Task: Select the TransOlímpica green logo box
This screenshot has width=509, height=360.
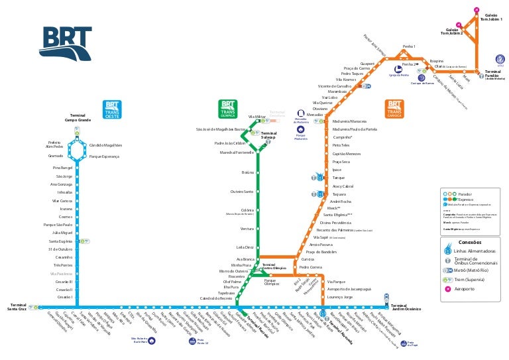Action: (228, 109)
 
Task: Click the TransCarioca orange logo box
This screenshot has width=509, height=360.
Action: (394, 109)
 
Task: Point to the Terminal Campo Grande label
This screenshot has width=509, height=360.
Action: (78, 118)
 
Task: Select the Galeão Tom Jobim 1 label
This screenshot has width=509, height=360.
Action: (496, 17)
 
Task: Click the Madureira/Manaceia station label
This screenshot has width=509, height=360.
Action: (349, 121)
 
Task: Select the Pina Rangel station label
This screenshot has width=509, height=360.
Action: (62, 168)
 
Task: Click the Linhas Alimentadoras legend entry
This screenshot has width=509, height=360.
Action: (475, 251)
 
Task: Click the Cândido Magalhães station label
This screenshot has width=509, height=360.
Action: (105, 145)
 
